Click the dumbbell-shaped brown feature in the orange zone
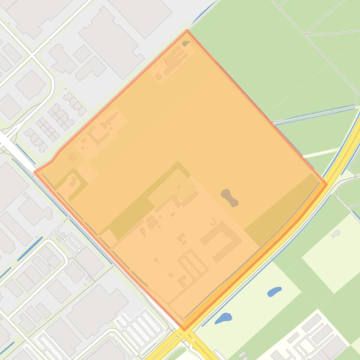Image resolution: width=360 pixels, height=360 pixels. [x=229, y=197]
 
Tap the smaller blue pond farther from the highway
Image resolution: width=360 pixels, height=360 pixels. [x=274, y=292]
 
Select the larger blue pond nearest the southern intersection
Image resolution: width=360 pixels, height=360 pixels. [x=223, y=319]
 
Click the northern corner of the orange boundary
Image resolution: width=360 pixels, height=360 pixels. [x=187, y=31]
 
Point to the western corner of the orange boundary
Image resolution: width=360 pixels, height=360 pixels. [x=35, y=172]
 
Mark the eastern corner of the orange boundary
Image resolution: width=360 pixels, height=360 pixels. [x=326, y=184]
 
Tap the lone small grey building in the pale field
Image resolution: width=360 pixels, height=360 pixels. [x=335, y=234]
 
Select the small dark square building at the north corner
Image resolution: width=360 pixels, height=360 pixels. [x=186, y=43]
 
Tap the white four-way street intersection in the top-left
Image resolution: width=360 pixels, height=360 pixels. [x=32, y=56]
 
